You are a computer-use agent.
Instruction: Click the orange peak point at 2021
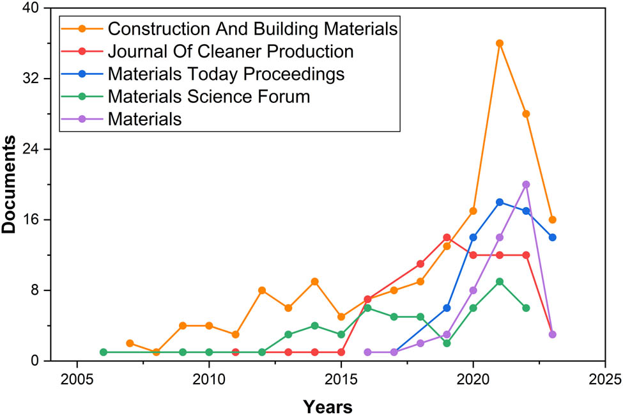[x=500, y=43]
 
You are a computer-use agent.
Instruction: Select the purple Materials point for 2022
[x=526, y=184]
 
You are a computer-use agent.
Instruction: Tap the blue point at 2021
[x=500, y=202]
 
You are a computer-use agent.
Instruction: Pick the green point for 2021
[x=500, y=281]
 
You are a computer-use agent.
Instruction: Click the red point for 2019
[x=447, y=237]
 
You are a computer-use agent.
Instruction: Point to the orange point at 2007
[x=130, y=343]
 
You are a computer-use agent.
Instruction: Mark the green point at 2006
[x=103, y=352]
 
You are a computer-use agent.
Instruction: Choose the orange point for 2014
[x=314, y=281]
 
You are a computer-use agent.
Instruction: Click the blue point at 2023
[x=553, y=237]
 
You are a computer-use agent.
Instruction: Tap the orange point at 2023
[x=553, y=220]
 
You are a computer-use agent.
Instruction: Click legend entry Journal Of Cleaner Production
[x=231, y=51]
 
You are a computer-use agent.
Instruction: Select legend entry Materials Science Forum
[x=209, y=97]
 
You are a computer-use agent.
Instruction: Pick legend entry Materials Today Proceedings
[x=226, y=74]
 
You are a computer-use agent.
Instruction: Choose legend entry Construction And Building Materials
[x=253, y=29]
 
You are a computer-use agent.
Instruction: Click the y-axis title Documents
[x=10, y=184]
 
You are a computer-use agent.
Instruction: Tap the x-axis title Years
[x=328, y=405]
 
